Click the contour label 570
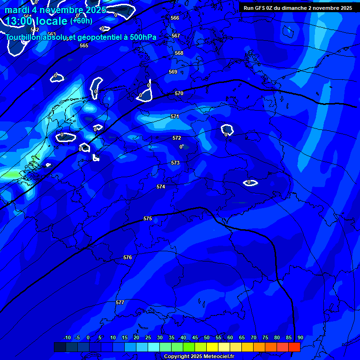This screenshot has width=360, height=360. coord(179,93)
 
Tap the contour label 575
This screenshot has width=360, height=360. coord(148,218)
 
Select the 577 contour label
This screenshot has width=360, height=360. coord(120,302)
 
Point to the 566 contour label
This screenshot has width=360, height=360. coord(175,18)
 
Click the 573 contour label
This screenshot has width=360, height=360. coord(175,163)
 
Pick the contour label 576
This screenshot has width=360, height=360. coord(127,257)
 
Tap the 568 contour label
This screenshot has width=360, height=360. coord(179,53)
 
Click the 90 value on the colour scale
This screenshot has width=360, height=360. coord(300,337)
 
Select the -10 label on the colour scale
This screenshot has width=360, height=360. coord(67,337)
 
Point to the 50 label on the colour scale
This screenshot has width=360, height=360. coord(207,337)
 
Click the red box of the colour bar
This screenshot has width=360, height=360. coord(294,347)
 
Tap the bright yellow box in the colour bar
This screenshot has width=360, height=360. coord(212,347)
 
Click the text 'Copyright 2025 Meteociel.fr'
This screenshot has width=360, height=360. coord(199,356)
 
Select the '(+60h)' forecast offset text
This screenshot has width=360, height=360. coord(81,21)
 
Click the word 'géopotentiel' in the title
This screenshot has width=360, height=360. coord(98,37)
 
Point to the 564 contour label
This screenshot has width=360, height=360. coord(28,16)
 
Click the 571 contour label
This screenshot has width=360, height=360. coord(175,116)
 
